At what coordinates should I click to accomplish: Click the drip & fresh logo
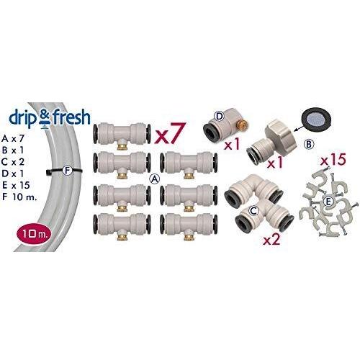50,118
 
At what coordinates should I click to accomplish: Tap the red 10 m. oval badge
34,233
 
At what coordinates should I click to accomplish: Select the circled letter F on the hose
67,170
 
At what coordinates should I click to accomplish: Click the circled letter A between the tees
155,179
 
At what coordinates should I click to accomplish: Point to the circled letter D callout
219,117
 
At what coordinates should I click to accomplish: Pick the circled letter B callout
309,144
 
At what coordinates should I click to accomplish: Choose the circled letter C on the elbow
253,211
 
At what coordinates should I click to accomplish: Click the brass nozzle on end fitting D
244,125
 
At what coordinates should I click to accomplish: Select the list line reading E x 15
16,185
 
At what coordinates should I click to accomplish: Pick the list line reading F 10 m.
19,197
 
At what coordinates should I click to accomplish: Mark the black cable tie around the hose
63,171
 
